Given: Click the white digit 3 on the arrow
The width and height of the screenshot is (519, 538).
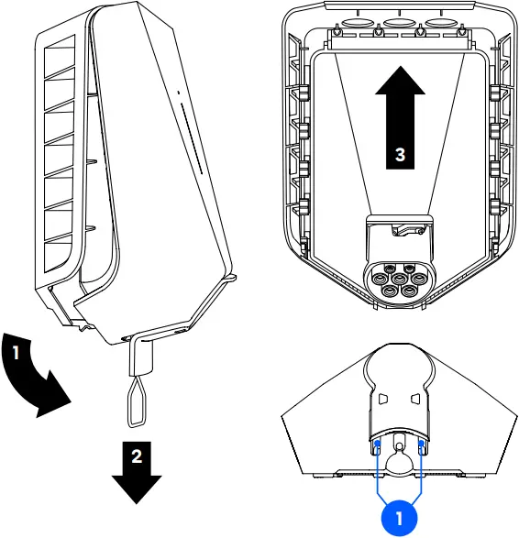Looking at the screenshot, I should click(399, 155).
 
